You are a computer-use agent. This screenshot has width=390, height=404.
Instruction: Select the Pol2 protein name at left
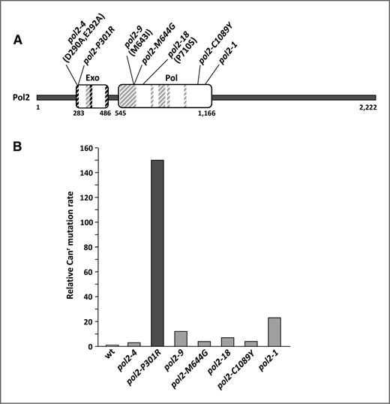click(x=21, y=98)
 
